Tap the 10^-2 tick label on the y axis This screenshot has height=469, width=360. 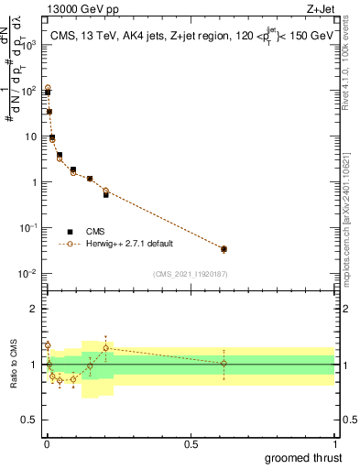click(29, 274)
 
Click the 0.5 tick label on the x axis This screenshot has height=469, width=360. click(191, 442)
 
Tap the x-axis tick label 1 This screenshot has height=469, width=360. click(335, 442)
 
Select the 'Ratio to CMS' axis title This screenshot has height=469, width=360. click(13, 365)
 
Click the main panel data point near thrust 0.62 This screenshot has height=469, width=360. click(224, 249)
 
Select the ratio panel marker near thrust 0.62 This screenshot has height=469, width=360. click(224, 364)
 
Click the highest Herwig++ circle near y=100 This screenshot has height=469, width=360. click(48, 88)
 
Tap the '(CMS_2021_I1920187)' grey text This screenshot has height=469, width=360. click(190, 274)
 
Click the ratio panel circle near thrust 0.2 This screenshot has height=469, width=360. click(106, 348)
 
